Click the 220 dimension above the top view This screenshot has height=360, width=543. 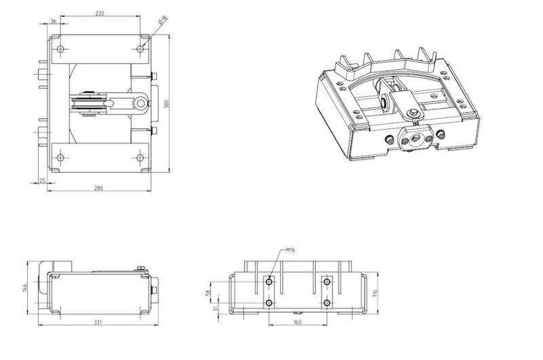tap(100, 12)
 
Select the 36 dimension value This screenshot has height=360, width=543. tap(54, 21)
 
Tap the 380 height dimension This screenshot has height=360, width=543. tap(167, 103)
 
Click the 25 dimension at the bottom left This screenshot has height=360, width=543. tap(41, 180)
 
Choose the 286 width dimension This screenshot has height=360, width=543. tap(99, 187)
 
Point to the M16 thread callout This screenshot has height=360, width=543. tap(290, 250)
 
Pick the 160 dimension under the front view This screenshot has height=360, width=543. tap(298, 323)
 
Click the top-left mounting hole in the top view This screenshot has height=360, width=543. tap(60, 50)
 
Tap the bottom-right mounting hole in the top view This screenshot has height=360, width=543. tap(141, 158)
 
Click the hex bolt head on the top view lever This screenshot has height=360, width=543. tap(141, 103)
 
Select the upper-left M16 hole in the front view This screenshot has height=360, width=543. tap(270, 281)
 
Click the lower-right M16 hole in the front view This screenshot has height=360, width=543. tap(327, 302)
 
